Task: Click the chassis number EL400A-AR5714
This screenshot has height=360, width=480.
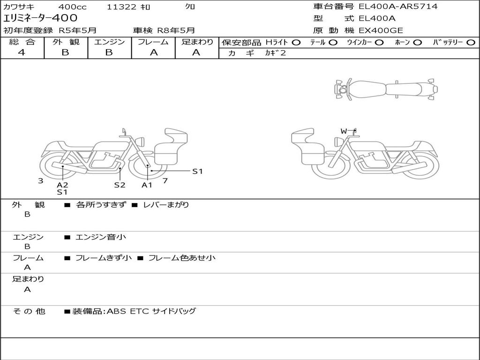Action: pyautogui.click(x=398, y=7)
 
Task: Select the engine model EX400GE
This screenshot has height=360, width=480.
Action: pyautogui.click(x=381, y=30)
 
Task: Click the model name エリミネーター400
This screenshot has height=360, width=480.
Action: pyautogui.click(x=40, y=18)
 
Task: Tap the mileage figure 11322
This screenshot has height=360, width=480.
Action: pyautogui.click(x=121, y=7)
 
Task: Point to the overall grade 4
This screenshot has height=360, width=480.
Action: pyautogui.click(x=22, y=52)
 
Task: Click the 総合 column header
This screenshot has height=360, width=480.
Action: pyautogui.click(x=22, y=42)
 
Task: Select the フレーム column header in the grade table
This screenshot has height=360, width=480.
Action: pyautogui.click(x=153, y=42)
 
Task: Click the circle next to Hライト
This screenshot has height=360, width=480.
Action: pyautogui.click(x=296, y=43)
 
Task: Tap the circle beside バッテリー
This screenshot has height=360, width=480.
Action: pyautogui.click(x=471, y=43)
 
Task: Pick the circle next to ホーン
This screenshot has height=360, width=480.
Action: pyautogui.click(x=417, y=43)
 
